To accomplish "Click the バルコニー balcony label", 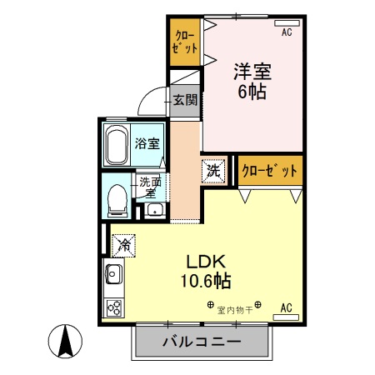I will [202, 342].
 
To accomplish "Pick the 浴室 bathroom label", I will [147, 143].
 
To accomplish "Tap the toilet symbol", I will [117, 198].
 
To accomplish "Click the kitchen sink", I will [113, 273].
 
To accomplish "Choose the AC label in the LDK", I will [286, 307].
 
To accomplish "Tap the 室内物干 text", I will [235, 309].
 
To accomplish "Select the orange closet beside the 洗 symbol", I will [269, 171].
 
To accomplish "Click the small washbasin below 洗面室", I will [152, 208].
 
